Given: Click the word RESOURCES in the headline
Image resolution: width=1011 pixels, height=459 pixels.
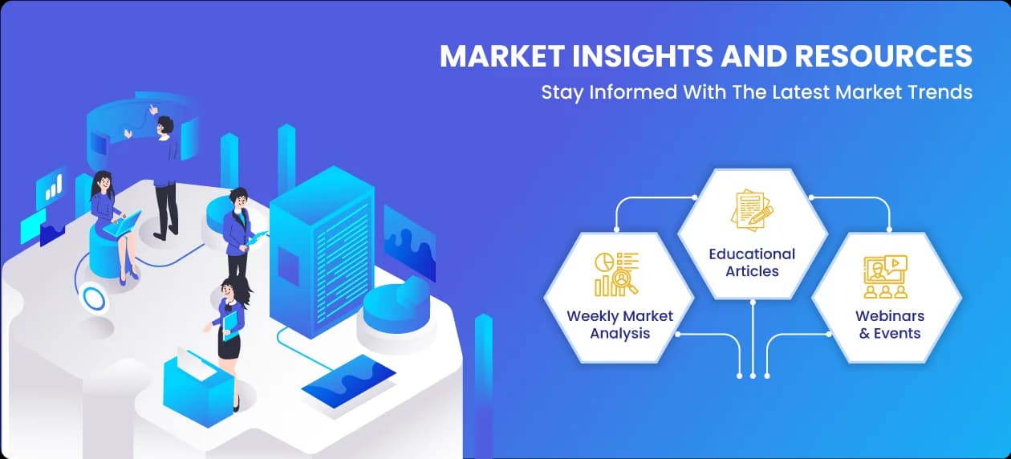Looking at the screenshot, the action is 883,56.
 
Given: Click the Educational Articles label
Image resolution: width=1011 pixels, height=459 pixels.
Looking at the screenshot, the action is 752,262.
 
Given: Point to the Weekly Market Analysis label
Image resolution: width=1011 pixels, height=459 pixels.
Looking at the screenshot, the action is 619,324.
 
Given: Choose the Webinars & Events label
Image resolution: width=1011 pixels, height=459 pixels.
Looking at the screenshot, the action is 890,324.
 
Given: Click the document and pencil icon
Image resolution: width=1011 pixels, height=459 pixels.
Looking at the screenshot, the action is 752,209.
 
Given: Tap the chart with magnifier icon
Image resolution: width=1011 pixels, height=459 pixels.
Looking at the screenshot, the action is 616,274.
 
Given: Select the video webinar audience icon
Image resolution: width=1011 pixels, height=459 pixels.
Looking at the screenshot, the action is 886,277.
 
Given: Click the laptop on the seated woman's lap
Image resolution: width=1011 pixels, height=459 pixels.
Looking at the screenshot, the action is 123,223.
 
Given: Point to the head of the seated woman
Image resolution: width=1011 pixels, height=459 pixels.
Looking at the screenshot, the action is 103,181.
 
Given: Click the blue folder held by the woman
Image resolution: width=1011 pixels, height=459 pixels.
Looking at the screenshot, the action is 232,327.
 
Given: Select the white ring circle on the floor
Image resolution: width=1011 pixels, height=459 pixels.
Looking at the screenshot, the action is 93,299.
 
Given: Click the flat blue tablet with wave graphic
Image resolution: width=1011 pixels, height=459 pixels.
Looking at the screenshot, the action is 348,381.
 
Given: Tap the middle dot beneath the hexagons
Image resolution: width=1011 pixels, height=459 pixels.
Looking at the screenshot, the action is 753,376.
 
